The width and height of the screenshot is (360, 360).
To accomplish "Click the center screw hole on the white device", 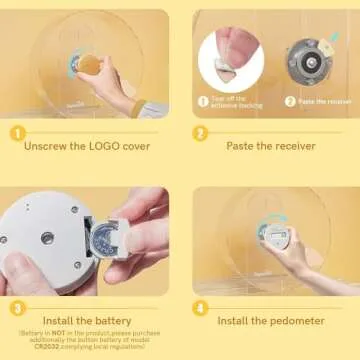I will (x=46, y=238).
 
